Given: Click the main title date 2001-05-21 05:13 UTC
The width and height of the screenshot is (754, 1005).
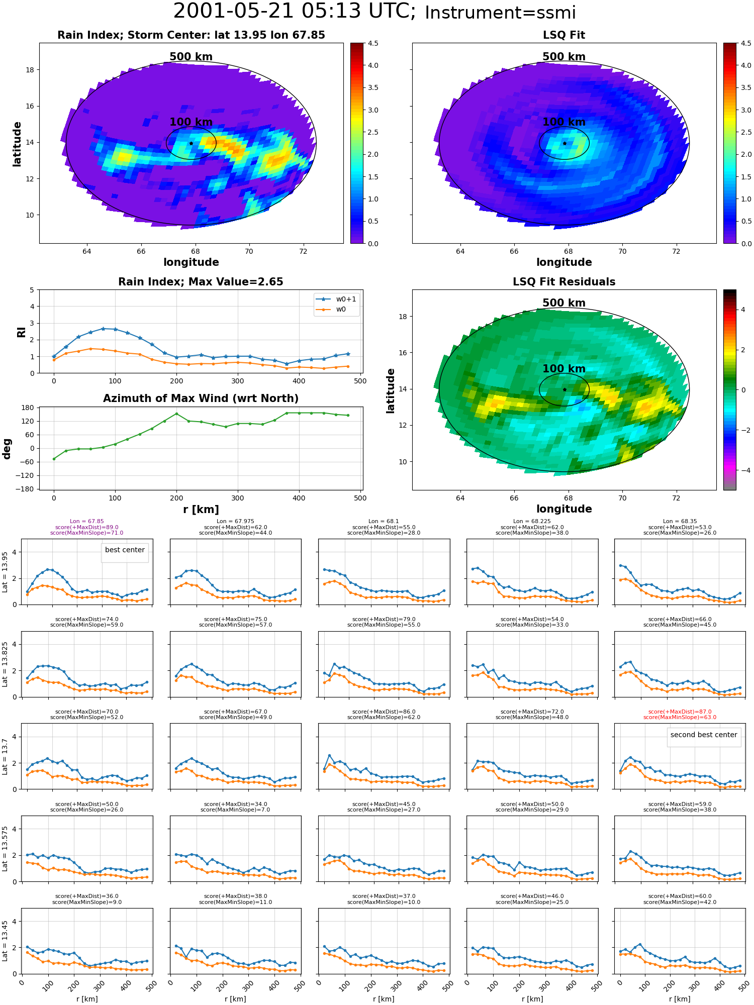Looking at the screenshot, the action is pos(294,12).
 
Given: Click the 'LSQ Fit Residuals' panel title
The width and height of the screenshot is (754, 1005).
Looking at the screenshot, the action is pos(564,282).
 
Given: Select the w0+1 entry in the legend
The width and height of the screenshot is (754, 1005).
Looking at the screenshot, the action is pos(336,299).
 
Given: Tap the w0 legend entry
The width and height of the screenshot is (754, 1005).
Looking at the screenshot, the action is pos(331,310).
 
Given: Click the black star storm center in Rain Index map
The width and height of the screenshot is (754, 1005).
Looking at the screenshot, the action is pos(191,143).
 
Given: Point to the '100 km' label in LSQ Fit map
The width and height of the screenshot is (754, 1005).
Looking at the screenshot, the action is pos(564,122).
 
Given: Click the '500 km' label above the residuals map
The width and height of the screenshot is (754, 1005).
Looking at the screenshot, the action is pos(564,303).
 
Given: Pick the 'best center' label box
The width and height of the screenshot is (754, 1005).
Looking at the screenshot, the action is pos(125,550).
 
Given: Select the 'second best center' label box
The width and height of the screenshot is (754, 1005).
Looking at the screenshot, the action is pos(704,735).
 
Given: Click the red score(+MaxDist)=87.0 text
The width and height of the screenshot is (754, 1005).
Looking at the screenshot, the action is pos(680,712).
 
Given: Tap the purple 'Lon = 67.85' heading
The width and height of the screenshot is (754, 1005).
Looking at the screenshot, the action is pos(86,522).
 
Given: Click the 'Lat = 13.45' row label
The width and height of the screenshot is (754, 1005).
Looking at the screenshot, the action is pos(5,941).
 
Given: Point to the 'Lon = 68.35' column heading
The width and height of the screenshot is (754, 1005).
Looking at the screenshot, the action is pos(680,522).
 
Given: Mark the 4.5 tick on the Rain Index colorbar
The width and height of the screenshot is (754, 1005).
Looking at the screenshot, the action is pos(373,44).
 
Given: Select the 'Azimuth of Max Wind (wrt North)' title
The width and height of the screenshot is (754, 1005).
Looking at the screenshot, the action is pos(201,398).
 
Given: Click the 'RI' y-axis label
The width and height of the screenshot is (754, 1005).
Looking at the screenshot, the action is pos(21,332).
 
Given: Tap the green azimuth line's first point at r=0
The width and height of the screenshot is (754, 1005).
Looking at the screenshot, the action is pos(54,459).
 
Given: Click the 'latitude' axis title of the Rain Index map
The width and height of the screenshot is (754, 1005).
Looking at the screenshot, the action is pos(17,144).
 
